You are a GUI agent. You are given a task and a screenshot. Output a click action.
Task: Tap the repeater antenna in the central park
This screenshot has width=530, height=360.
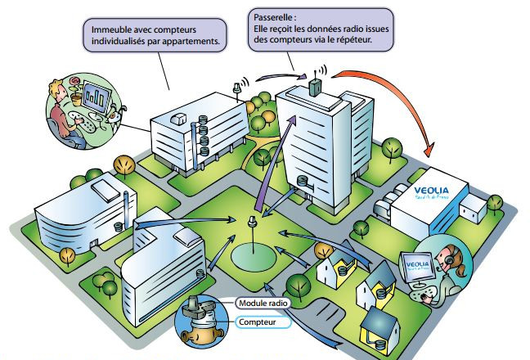pyautogui.click(x=253, y=222)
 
